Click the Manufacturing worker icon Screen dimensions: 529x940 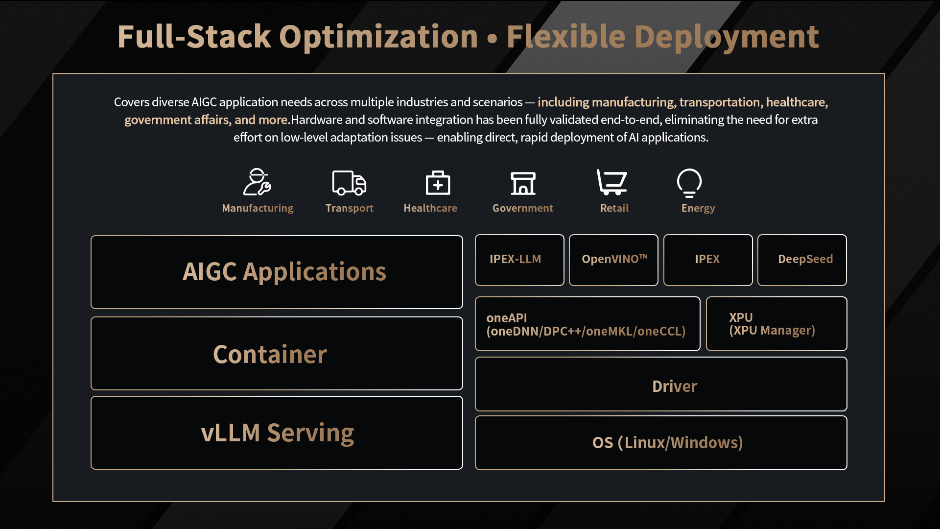point(257,182)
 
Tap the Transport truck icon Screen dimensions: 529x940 point(349,183)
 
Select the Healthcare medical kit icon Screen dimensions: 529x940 point(438,183)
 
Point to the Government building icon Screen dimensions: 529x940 point(523,183)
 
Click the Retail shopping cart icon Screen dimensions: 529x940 point(612,182)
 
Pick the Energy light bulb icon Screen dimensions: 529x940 point(689,183)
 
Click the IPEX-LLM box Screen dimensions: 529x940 point(519,260)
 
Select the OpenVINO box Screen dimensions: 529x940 point(613,260)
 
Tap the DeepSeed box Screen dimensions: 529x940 point(802,260)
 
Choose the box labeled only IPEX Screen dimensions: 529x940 point(708,260)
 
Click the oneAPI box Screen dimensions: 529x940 point(587,324)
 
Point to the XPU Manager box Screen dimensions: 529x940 point(776,324)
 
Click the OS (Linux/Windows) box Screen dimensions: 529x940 point(661,443)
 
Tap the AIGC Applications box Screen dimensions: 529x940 point(277,272)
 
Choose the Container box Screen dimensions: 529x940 point(277,353)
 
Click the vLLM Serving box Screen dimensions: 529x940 point(277,433)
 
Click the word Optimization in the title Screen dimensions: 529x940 point(378,37)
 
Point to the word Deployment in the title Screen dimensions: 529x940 point(727,37)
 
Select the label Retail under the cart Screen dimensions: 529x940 point(614,208)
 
